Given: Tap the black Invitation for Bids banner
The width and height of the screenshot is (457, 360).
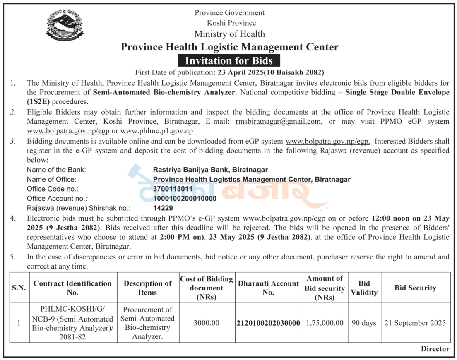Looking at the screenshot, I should tap(229, 61).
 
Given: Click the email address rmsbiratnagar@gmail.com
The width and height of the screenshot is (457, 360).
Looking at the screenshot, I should tap(278, 122).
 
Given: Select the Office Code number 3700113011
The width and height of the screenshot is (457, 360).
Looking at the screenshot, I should tap(173, 189).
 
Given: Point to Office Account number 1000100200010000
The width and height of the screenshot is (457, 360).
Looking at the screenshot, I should tap(185, 198).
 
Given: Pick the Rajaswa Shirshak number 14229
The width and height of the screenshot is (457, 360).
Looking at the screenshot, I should tap(163, 208).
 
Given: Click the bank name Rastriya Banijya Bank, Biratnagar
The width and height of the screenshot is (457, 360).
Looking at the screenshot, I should tap(210, 170).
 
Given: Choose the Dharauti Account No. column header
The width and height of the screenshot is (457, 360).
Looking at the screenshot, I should tap(268, 288).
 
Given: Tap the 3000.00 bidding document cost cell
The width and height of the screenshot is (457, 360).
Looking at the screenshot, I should tap(207, 323).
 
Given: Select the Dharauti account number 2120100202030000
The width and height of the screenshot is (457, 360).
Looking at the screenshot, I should tap(268, 323).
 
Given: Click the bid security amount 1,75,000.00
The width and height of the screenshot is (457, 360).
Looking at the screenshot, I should tap(325, 323).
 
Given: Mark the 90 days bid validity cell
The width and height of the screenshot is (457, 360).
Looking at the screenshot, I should tap(364, 323).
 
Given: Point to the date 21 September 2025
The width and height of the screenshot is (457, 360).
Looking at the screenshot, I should tap(415, 323).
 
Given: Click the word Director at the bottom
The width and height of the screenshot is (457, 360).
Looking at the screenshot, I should tap(435, 349).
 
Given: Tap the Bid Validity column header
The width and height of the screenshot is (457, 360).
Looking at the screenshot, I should tap(364, 288).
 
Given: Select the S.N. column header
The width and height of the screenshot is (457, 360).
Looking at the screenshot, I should tap(19, 288).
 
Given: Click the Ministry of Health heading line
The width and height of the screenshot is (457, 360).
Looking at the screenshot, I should tap(229, 34).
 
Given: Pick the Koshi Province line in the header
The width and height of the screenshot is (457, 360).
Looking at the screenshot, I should tap(231, 23).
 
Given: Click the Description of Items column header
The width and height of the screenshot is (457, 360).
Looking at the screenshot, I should tap(148, 288).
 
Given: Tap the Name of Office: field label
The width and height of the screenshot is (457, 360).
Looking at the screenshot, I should tap(52, 179).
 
